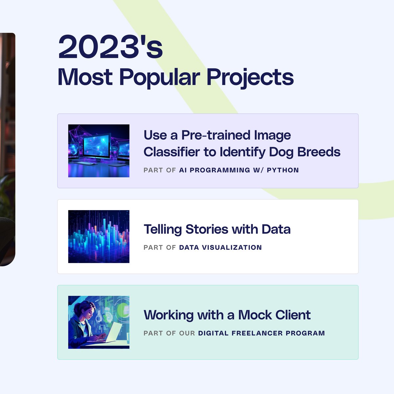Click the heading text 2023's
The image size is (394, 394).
(x=110, y=48)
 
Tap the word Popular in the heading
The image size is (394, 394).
(x=159, y=77)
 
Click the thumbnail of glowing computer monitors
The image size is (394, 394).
(x=98, y=151)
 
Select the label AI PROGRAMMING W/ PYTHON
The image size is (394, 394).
(x=239, y=170)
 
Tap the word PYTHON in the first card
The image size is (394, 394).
(x=283, y=170)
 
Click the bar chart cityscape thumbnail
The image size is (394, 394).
(x=98, y=236)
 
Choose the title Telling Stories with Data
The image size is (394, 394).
(x=217, y=229)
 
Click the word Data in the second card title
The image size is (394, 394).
(x=276, y=229)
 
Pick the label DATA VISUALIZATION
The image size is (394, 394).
(x=220, y=248)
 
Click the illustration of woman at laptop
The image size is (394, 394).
(x=98, y=322)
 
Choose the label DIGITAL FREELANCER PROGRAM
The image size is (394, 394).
(x=261, y=333)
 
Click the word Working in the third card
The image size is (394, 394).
(x=169, y=315)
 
